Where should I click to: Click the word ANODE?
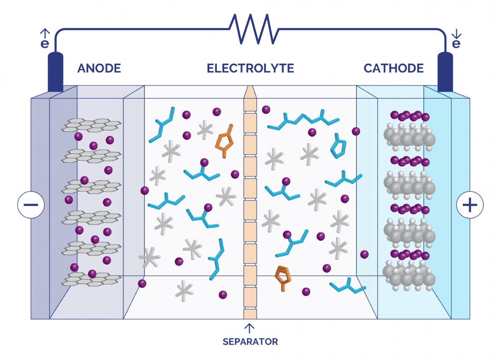tap(99, 68)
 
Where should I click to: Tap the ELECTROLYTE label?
tap(250, 68)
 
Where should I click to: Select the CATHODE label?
tap(393, 68)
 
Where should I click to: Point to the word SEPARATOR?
tap(250, 342)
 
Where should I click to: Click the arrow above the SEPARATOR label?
tap(250, 327)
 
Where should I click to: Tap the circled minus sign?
tap(31, 205)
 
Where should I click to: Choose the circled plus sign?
tap(470, 205)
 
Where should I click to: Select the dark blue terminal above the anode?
tap(56, 72)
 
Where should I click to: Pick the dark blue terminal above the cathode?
tap(445, 72)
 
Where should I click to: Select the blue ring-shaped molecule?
tap(338, 146)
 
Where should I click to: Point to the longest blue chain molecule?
tap(303, 120)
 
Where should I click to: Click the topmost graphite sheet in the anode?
tap(92, 124)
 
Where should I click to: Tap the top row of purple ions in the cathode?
tap(410, 116)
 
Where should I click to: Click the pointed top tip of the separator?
tap(250, 90)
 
